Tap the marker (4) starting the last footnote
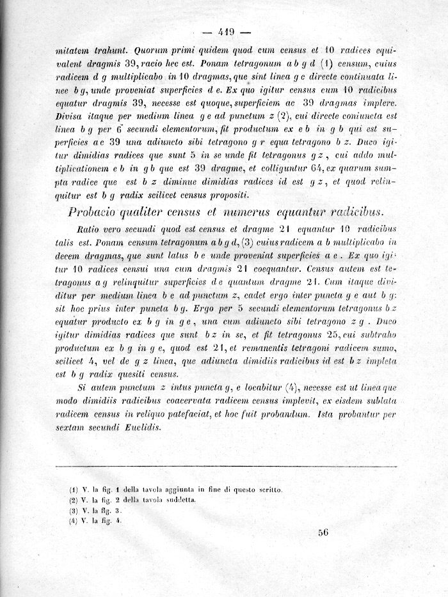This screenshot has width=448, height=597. pos(72,520)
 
